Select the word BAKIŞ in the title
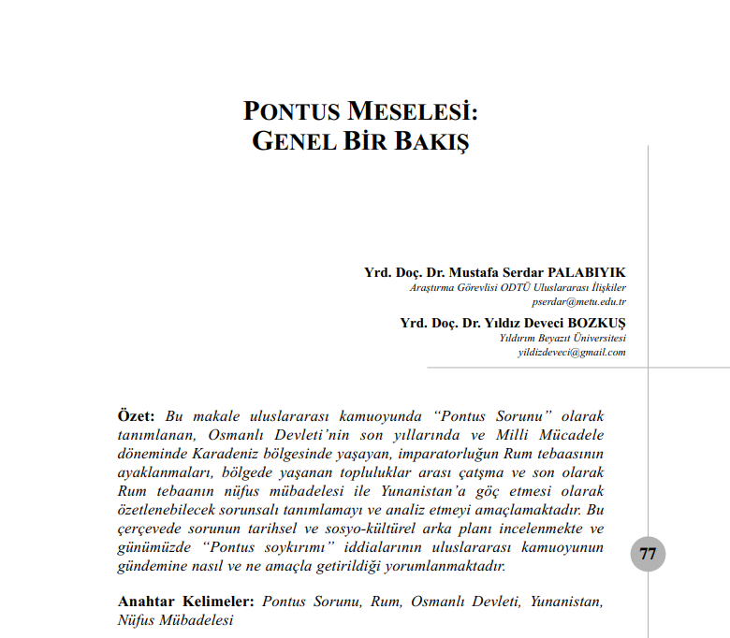click(x=427, y=143)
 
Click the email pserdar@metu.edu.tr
click(x=578, y=301)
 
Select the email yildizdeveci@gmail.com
click(x=572, y=352)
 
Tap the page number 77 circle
click(x=648, y=553)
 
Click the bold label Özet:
click(x=137, y=415)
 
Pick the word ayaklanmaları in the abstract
click(x=163, y=472)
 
